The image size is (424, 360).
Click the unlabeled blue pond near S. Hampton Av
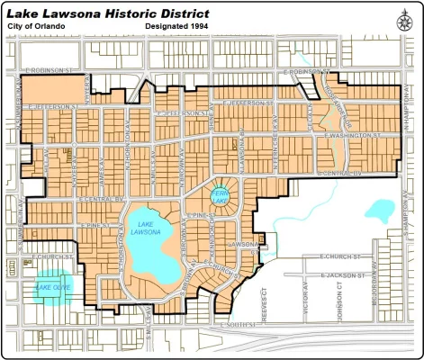(379, 213)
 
